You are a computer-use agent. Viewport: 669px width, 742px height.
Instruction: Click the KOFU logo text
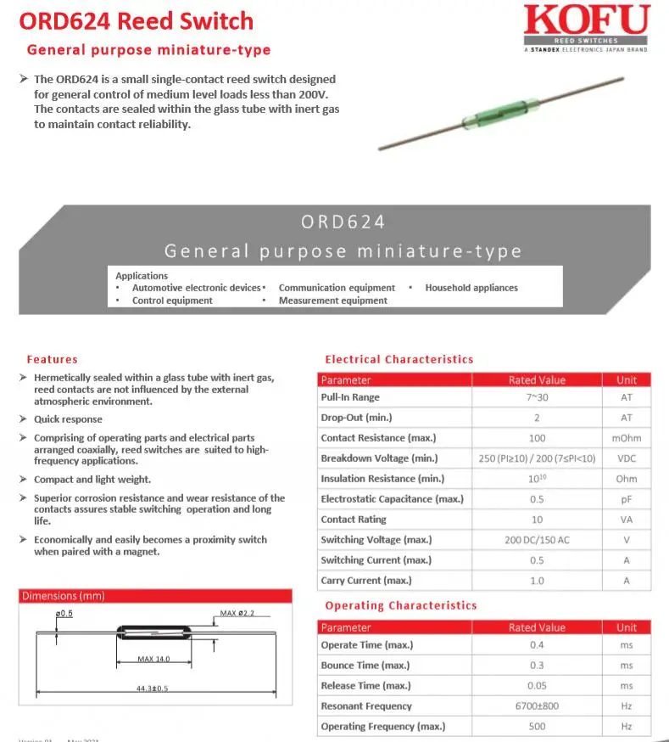[586, 20]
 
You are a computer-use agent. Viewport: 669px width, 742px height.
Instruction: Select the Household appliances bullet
[471, 288]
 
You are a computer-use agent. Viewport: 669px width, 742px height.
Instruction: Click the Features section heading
[52, 359]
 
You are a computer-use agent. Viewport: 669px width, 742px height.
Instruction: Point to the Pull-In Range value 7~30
[537, 397]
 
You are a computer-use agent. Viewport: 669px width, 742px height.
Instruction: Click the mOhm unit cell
[627, 438]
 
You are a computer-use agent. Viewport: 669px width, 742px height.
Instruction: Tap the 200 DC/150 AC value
[537, 540]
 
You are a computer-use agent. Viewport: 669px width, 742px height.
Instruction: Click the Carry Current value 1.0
[537, 581]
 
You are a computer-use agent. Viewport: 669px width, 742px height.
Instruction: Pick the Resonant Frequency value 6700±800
[537, 706]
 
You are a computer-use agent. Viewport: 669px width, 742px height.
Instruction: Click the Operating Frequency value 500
[537, 727]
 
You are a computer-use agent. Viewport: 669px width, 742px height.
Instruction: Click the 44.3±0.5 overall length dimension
[153, 688]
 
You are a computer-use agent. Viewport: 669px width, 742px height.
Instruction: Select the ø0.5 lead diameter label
[64, 613]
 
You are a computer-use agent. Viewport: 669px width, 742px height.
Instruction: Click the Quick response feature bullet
[68, 419]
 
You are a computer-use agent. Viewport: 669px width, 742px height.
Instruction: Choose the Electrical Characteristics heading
[399, 359]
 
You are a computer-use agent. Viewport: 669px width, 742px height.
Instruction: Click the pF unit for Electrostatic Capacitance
[627, 499]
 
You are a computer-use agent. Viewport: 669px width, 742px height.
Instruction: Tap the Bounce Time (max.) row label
[365, 666]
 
